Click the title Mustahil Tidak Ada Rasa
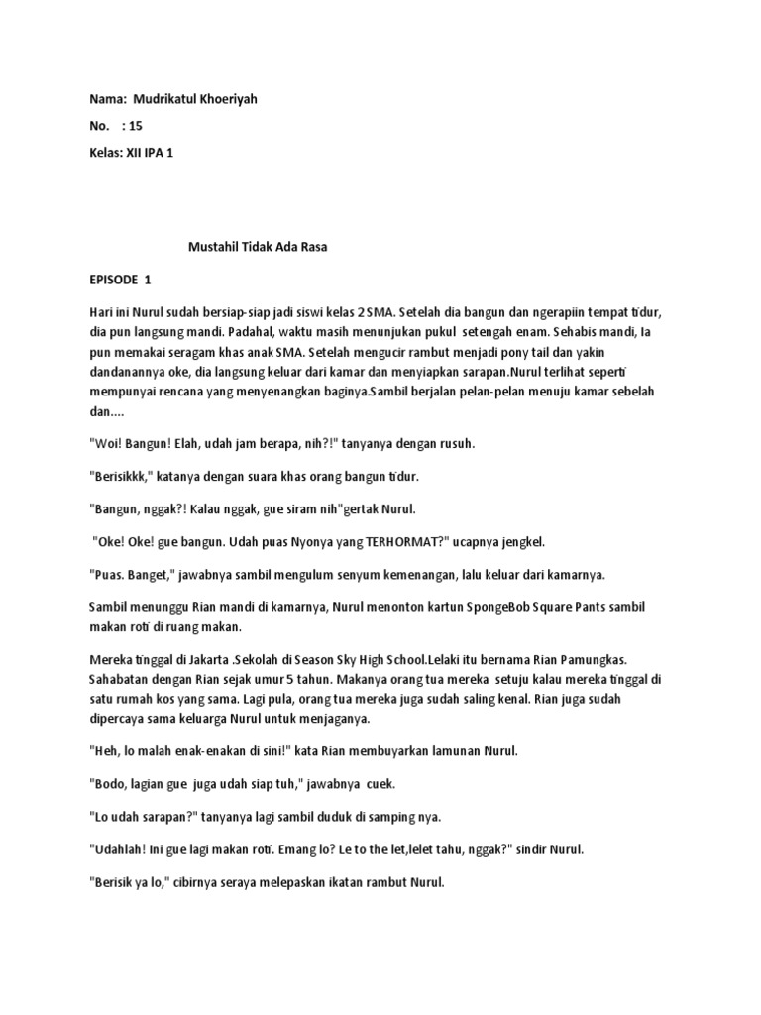pos(257,246)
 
